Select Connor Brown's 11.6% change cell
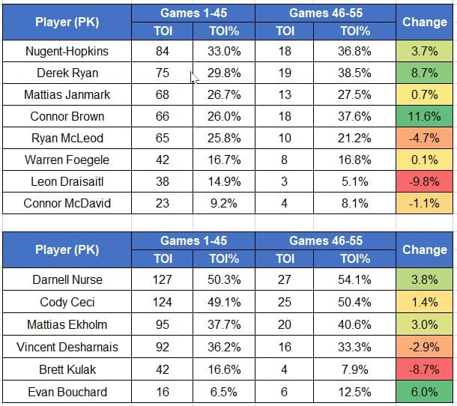[x=425, y=117]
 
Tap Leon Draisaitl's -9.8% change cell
[x=425, y=182]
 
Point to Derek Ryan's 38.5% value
[x=355, y=73]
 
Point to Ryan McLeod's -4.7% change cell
[x=425, y=139]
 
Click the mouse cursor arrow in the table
[x=193, y=77]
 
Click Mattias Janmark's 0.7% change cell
[x=425, y=95]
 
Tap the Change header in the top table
[x=425, y=22]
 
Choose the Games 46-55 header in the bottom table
[x=324, y=240]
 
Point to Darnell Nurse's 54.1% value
[x=355, y=280]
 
